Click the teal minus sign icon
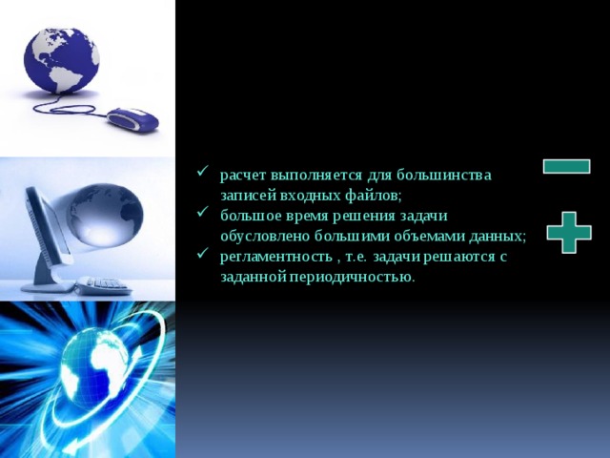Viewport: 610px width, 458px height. [x=565, y=166]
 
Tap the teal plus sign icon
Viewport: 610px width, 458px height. [x=569, y=232]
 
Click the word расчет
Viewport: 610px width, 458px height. [x=243, y=176]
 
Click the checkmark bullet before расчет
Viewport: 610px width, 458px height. [x=202, y=174]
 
